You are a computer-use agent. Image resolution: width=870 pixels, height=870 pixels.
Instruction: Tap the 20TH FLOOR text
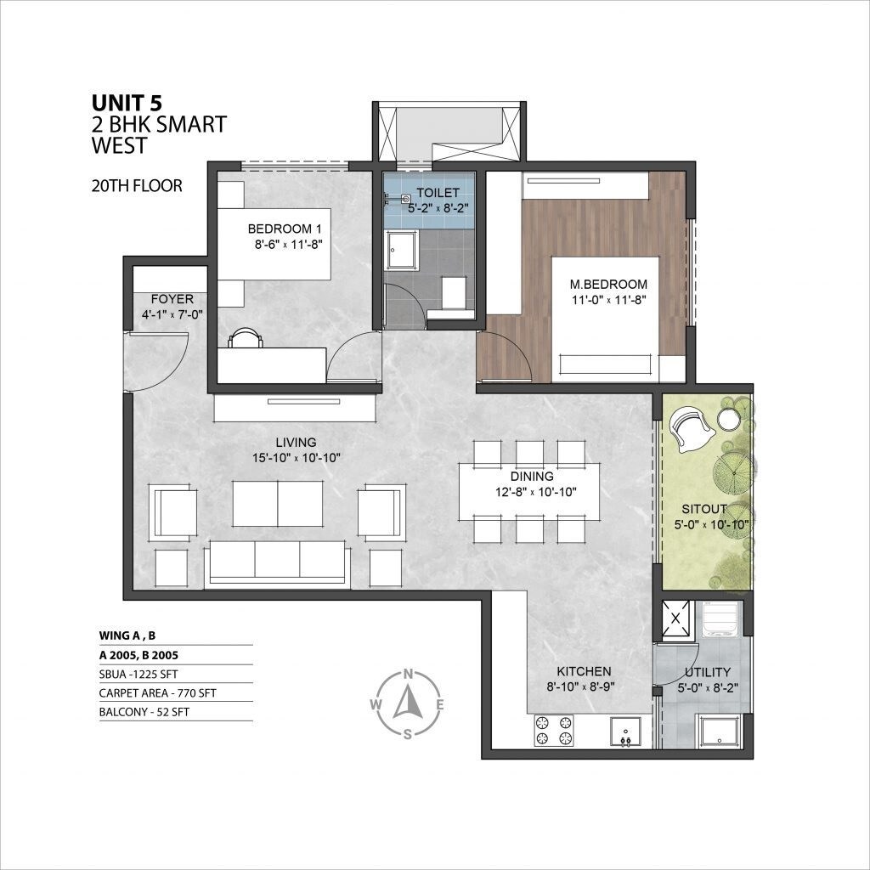(136, 185)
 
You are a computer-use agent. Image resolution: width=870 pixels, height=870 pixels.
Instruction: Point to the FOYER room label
(172, 299)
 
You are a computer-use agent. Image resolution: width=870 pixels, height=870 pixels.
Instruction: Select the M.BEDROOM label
(608, 284)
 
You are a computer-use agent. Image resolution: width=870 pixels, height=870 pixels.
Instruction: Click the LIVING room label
(296, 442)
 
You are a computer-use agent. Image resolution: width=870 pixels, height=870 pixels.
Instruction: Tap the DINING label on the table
(533, 477)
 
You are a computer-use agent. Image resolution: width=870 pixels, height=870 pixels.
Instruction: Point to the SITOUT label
(703, 509)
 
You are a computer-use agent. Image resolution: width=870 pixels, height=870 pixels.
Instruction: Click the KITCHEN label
(585, 671)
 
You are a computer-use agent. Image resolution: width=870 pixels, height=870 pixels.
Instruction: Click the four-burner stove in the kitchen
(553, 730)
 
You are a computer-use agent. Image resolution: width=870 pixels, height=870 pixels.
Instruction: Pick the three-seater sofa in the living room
(277, 562)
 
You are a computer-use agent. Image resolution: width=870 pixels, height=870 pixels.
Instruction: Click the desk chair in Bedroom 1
(245, 337)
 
